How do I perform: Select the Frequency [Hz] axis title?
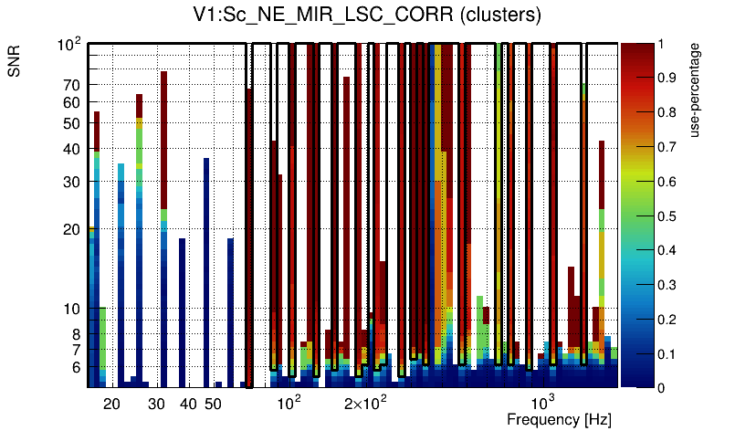[559, 419]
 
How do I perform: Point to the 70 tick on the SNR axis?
[72, 85]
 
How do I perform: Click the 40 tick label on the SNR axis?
[72, 149]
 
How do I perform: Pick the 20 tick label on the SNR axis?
[72, 229]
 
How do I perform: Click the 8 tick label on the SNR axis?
[76, 334]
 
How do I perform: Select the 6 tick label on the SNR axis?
[76, 367]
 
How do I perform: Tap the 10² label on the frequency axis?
[289, 402]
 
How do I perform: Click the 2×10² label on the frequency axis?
[365, 402]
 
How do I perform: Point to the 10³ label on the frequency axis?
[543, 402]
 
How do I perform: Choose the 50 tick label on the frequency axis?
[213, 404]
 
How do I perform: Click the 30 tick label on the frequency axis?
[157, 404]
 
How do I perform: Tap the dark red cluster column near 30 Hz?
[163, 137]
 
